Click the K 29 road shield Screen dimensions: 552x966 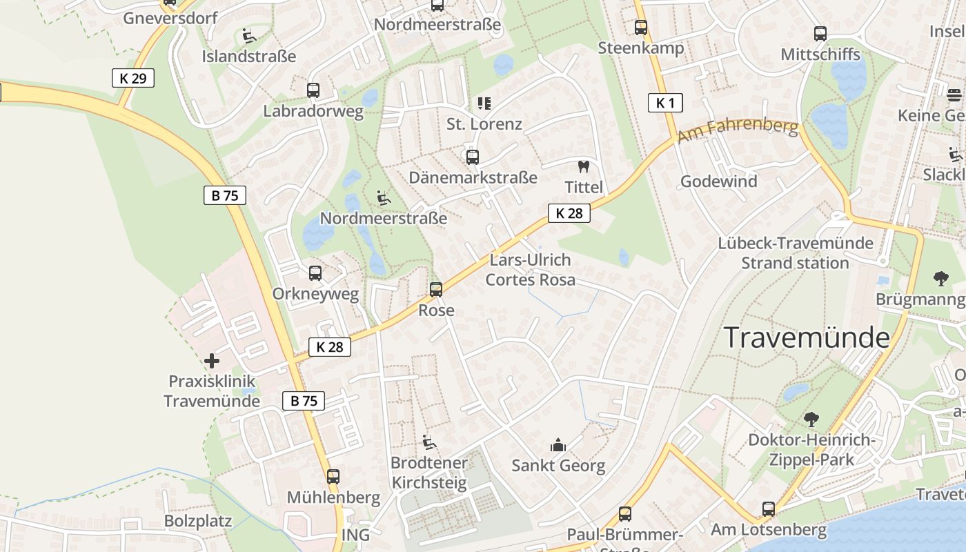coord(133,78)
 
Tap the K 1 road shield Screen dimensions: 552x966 coord(665,103)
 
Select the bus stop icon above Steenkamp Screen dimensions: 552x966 coord(641,28)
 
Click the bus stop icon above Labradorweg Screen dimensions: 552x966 coord(313,90)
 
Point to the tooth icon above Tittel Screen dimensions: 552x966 coord(583,166)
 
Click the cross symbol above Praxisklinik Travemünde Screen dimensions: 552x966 coord(212,360)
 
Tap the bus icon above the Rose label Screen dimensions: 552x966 coord(436,290)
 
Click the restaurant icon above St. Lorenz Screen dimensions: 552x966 coord(484,103)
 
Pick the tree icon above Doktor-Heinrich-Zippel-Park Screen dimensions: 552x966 coord(811,419)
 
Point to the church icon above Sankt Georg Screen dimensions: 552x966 coord(558,445)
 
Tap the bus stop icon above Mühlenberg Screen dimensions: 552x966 coord(333,476)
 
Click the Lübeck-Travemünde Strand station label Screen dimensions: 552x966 coord(796,253)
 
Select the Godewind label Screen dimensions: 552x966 coord(718,181)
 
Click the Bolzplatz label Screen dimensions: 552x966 coord(198,520)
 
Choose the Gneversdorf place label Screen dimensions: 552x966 coord(170,18)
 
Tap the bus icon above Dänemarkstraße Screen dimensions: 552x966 coord(473,157)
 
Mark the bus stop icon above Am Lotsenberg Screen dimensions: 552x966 coord(769,509)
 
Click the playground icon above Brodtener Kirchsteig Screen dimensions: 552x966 coord(428,442)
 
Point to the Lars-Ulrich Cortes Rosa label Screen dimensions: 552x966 coord(530,270)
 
